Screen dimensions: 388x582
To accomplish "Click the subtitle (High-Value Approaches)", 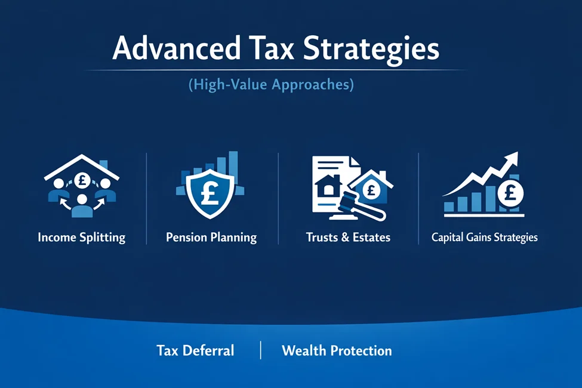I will coord(271,85).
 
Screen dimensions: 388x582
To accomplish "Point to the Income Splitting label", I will coord(81,237).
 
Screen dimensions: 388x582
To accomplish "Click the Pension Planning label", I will coord(211,237).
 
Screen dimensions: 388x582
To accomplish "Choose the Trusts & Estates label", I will coord(348,237).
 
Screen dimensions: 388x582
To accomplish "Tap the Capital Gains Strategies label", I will coord(484,237).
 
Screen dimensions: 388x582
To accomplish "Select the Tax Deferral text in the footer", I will coord(195,350).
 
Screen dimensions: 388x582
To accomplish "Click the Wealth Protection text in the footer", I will coord(337,350).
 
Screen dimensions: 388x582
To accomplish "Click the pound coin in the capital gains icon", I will coord(511,192).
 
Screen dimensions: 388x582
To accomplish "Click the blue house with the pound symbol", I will coord(371,189).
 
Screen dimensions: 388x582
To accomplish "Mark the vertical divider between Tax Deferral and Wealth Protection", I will coord(261,350).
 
